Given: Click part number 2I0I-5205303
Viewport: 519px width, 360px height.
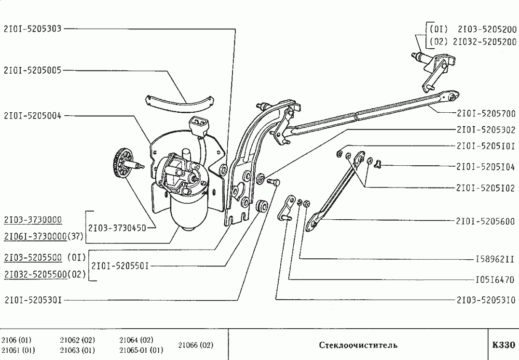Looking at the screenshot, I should tap(32, 28).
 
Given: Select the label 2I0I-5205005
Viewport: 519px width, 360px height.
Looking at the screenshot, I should tap(32, 70).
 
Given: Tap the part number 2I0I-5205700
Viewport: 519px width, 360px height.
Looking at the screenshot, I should tap(486, 114).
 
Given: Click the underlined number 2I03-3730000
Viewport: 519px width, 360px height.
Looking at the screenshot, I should tap(32, 220).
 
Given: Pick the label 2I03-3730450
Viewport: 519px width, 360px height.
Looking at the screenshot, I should tap(117, 227).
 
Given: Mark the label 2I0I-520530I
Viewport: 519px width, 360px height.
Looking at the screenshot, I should tap(32, 300).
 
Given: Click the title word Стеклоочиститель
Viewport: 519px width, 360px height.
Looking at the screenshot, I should tap(358, 345).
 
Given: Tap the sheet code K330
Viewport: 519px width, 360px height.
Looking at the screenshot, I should tap(504, 345).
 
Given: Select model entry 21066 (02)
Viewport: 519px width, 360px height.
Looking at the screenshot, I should tap(195, 345).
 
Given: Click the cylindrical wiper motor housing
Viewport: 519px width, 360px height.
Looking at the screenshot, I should tap(188, 212).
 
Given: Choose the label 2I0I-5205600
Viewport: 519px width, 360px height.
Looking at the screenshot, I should tap(486, 222).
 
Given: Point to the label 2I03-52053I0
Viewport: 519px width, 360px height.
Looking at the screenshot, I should tap(486, 300).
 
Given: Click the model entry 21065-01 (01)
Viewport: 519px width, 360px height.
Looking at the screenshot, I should tap(141, 350).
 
